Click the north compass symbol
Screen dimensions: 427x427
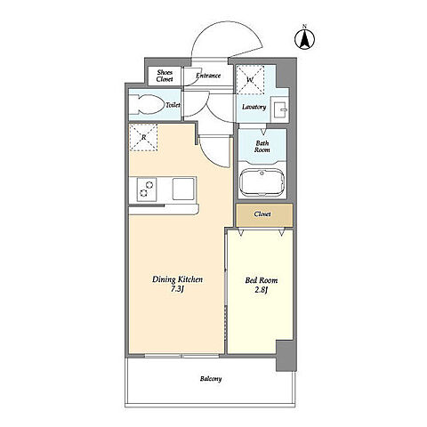[304, 37]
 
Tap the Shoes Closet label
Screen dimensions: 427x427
[165, 76]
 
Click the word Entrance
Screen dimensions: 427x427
[208, 76]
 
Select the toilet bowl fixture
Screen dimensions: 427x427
[148, 104]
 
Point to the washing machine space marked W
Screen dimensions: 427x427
[250, 80]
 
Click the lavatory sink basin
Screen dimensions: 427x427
[280, 109]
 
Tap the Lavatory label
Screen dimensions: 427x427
[254, 107]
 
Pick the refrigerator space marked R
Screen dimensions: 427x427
[143, 137]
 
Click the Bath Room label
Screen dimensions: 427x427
[262, 147]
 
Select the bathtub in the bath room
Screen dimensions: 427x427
[262, 182]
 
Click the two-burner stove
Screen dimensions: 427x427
[147, 189]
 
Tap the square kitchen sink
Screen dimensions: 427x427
[183, 189]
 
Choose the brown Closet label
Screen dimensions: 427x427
[262, 213]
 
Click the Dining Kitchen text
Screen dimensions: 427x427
[177, 279]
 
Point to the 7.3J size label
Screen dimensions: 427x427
[177, 289]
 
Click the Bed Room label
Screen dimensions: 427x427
[262, 280]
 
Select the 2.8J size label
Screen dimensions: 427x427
[262, 290]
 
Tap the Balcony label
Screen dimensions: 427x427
[211, 379]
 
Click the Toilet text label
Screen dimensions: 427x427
[173, 105]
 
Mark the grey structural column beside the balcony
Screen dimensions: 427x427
[286, 356]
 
